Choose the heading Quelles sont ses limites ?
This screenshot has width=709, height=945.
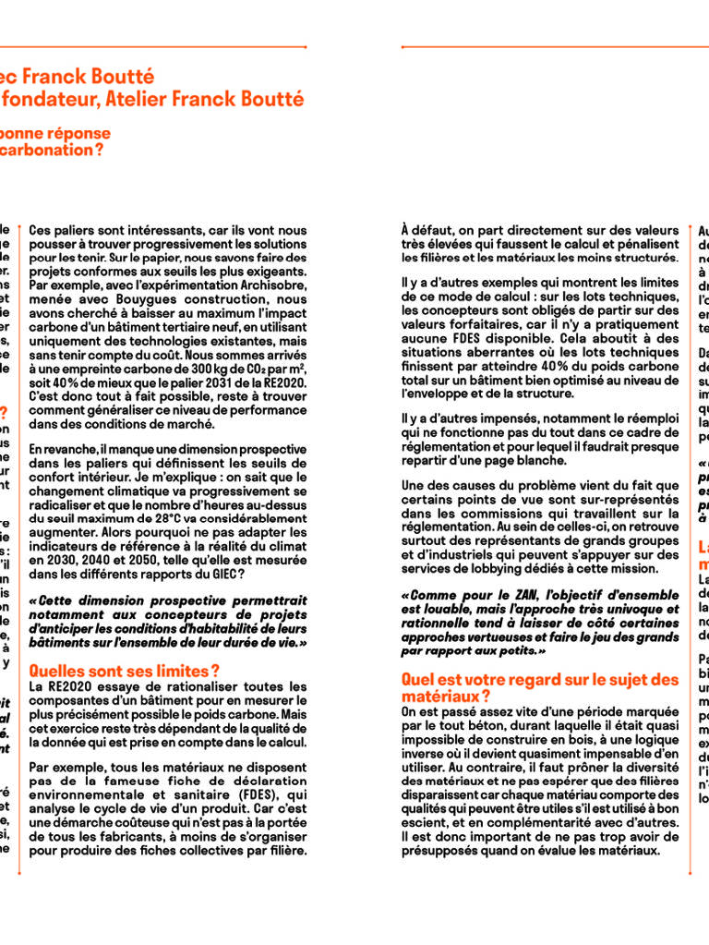click(125, 671)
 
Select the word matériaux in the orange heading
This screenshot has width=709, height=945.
click(439, 696)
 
